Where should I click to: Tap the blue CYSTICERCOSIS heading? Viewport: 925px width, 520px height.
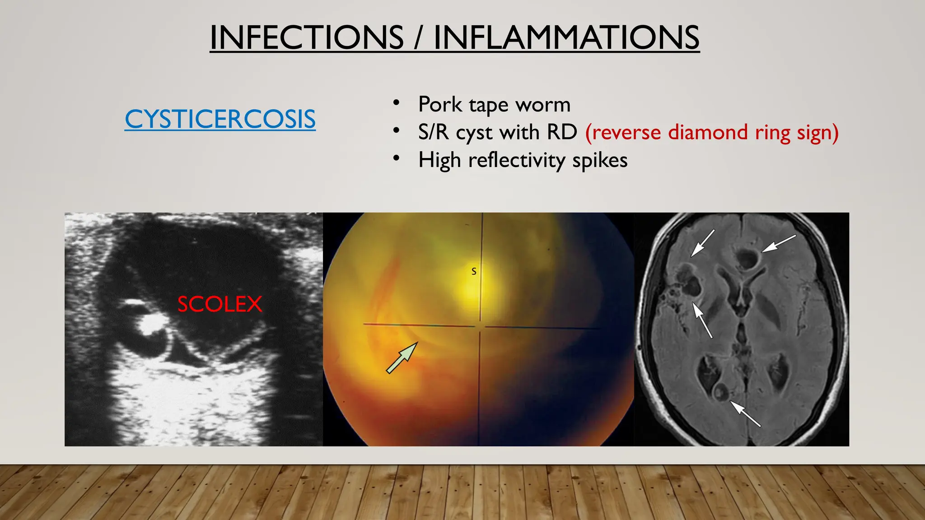pyautogui.click(x=220, y=119)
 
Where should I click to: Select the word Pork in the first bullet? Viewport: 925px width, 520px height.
pyautogui.click(x=440, y=104)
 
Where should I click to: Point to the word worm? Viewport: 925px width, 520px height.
pyautogui.click(x=543, y=105)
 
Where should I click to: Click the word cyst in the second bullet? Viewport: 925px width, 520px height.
pyautogui.click(x=475, y=133)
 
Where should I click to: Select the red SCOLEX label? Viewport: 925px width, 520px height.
pyautogui.click(x=220, y=304)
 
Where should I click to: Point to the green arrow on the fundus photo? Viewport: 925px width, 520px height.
pyautogui.click(x=402, y=357)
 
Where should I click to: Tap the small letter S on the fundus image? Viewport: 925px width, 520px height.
pyautogui.click(x=474, y=271)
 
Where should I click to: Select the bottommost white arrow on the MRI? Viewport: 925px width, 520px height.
pyautogui.click(x=746, y=414)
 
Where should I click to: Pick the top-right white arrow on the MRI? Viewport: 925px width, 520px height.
pyautogui.click(x=779, y=243)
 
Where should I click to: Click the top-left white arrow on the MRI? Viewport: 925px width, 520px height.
pyautogui.click(x=703, y=243)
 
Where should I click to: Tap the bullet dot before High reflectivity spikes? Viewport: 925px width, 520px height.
pyautogui.click(x=396, y=158)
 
